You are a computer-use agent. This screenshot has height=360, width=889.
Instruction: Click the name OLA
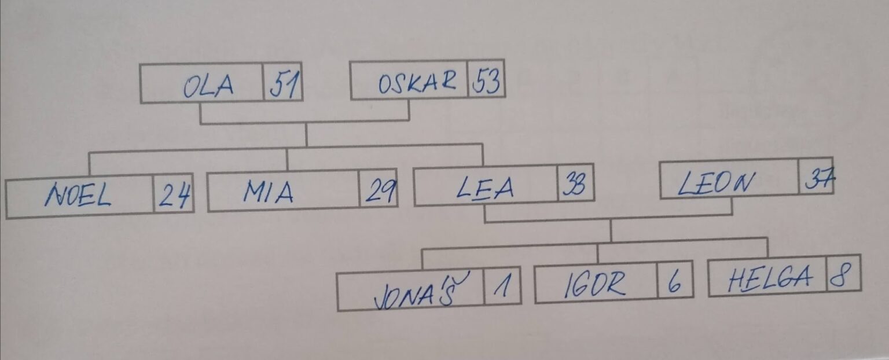click(208, 86)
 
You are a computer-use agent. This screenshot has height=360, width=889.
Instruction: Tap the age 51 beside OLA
click(284, 86)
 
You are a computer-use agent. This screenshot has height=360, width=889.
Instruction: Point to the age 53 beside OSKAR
click(486, 83)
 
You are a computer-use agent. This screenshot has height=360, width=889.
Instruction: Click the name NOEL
click(78, 197)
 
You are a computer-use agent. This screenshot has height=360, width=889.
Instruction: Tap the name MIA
click(267, 192)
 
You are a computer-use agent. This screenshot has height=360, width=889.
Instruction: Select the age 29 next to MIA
click(379, 190)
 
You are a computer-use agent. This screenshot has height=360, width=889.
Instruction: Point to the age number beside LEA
click(575, 185)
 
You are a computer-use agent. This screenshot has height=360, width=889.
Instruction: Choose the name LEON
click(716, 185)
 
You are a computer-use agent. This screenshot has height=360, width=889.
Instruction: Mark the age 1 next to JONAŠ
click(501, 286)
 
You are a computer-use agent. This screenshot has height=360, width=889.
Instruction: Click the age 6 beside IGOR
click(675, 283)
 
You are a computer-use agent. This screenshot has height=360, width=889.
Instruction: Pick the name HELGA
click(770, 279)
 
